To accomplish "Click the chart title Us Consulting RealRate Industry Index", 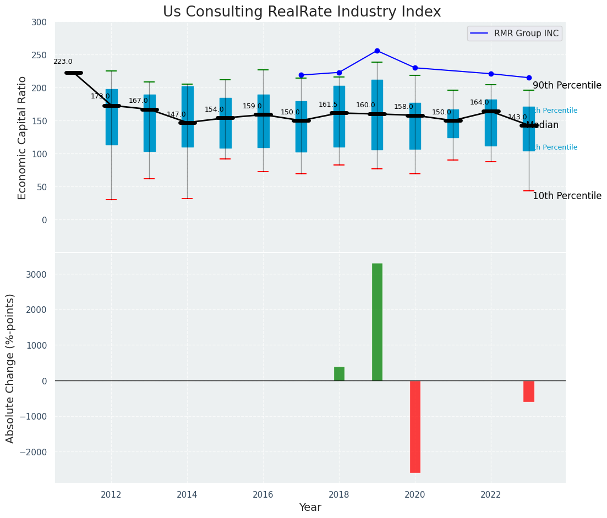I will click(x=302, y=12).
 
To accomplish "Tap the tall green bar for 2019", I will click(x=377, y=322).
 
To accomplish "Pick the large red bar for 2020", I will click(x=415, y=426).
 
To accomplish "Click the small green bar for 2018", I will click(x=339, y=373).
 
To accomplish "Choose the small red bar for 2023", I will click(x=529, y=391).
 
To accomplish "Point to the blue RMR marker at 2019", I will click(x=377, y=51).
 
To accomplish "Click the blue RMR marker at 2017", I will click(x=301, y=75).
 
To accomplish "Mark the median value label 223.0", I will click(x=63, y=62).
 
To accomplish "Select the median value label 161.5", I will click(x=328, y=104).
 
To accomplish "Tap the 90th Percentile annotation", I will click(x=567, y=86).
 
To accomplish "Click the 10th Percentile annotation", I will click(x=567, y=196).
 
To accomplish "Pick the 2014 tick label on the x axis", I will click(x=187, y=494).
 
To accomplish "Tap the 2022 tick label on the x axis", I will click(x=491, y=494).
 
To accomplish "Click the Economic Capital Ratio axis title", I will click(x=23, y=137).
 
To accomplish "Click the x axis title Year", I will click(x=310, y=508).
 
